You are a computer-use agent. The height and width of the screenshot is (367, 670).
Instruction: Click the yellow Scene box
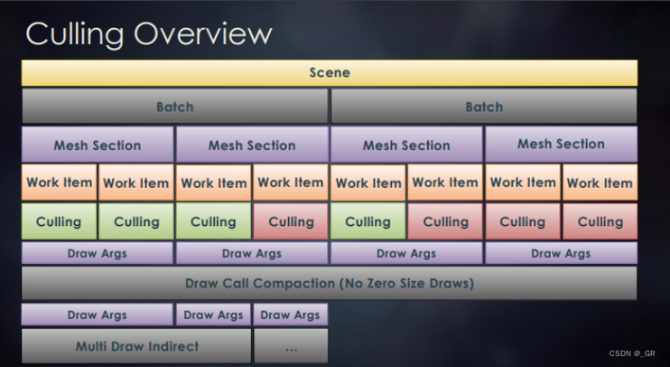point(330,72)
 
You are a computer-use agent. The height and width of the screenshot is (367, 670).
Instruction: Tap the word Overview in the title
point(203,33)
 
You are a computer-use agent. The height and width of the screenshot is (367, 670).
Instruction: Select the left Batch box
point(174,107)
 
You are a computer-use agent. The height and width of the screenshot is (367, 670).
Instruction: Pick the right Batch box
point(484,107)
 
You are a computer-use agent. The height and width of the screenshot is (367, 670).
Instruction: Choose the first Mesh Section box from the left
point(98,145)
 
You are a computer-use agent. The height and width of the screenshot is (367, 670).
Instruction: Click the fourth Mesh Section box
point(561,144)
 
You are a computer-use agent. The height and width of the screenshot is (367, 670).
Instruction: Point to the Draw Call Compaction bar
point(330,283)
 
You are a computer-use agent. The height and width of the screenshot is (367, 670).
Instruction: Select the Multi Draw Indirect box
point(136,345)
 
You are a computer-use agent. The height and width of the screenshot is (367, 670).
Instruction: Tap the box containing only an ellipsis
point(291,345)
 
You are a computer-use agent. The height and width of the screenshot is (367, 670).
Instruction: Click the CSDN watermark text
point(632,353)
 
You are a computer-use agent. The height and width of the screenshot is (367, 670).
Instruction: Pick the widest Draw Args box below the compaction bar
point(98,315)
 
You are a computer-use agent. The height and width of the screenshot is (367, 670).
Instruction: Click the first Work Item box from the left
point(60,183)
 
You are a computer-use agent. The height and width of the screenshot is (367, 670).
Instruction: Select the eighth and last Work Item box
point(600,183)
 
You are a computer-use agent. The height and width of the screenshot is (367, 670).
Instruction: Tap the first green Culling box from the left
point(60,221)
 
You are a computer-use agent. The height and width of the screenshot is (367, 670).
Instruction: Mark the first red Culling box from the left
point(291,221)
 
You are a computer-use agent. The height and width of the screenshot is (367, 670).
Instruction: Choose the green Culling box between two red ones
point(368,221)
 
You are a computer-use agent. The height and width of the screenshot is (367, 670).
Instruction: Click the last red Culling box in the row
point(600,221)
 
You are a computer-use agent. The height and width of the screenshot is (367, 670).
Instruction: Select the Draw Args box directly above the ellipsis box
point(291,315)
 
